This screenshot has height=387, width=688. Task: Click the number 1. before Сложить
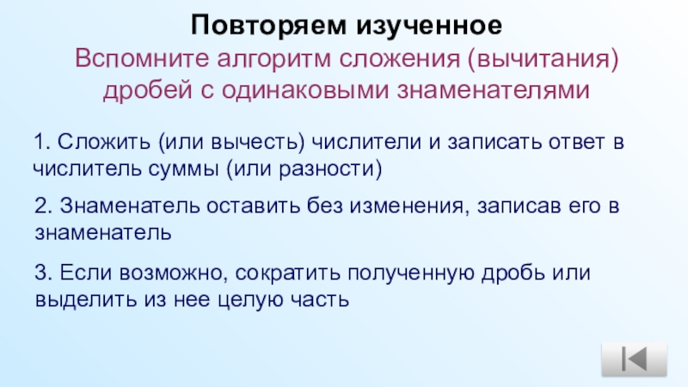pyautogui.click(x=40, y=141)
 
